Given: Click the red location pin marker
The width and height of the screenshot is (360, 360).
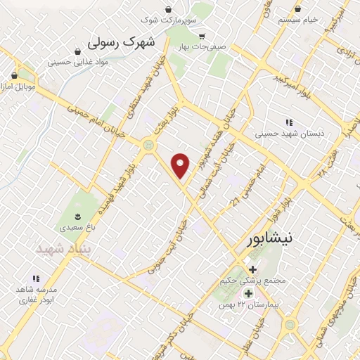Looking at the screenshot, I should [181, 165].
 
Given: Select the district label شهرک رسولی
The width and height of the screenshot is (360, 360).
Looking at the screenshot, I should [120, 43].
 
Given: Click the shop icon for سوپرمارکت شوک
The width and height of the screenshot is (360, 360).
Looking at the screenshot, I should [168, 9].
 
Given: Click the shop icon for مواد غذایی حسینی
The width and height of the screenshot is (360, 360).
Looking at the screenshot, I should [76, 51].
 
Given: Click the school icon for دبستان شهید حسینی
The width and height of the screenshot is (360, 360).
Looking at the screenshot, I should [288, 122].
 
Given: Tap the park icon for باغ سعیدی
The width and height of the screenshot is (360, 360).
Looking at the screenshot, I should [78, 217].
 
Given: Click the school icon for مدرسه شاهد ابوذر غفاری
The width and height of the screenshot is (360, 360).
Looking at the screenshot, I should [36, 278].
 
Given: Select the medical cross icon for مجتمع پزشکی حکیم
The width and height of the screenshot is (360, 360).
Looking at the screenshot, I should [252, 269].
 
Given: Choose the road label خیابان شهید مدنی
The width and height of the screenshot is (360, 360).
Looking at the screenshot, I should [158, 81].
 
